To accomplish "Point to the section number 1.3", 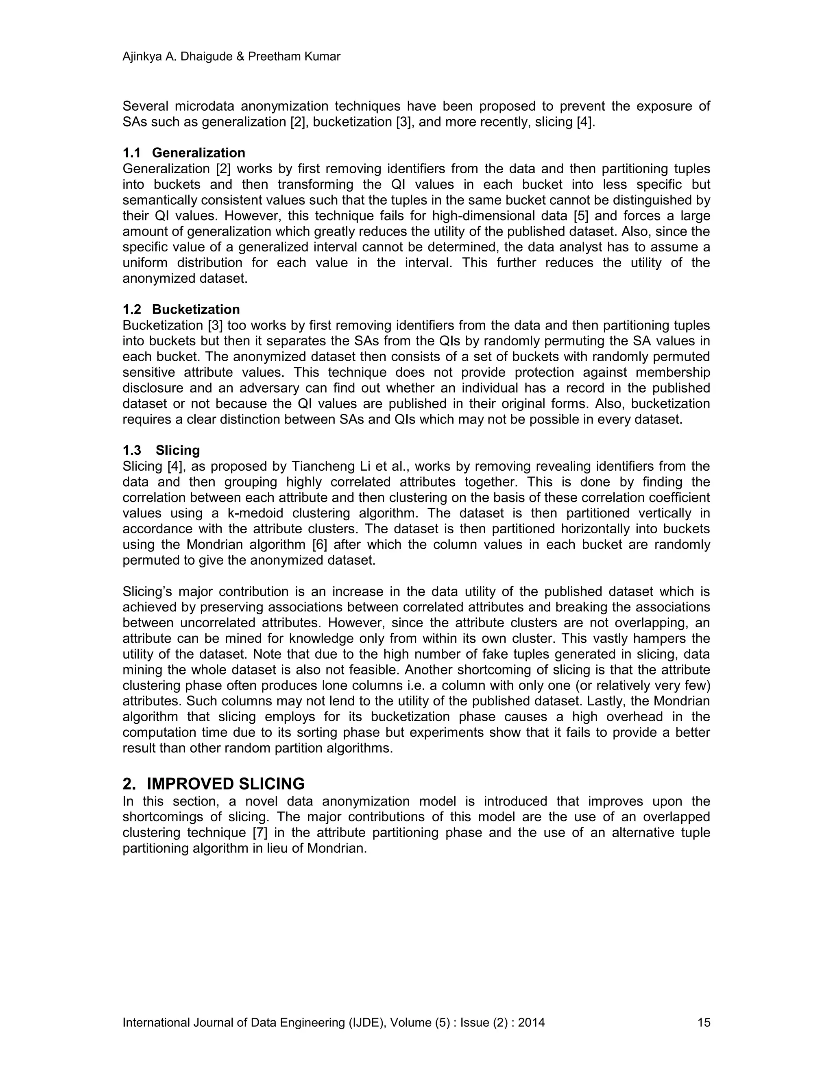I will click(x=132, y=450).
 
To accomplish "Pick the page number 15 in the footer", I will click(x=704, y=1022).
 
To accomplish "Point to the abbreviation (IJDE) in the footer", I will click(x=366, y=1022).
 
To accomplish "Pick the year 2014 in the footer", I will click(x=531, y=1022).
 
